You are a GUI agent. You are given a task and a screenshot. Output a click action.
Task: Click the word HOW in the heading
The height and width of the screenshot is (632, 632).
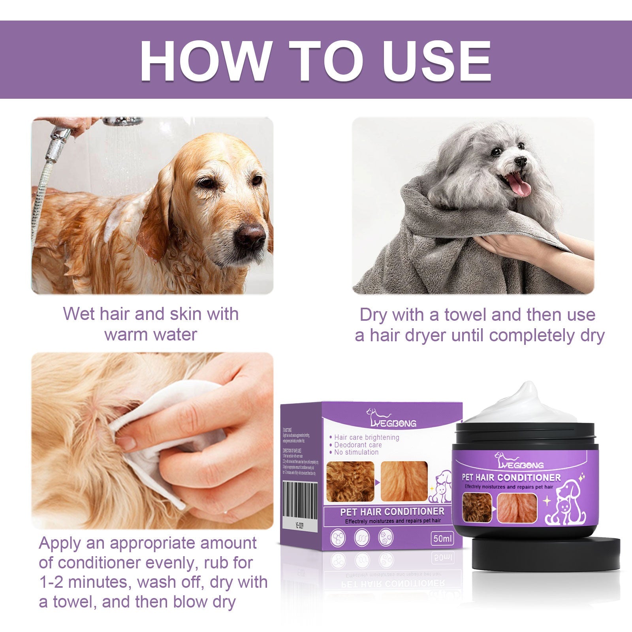pyautogui.click(x=205, y=61)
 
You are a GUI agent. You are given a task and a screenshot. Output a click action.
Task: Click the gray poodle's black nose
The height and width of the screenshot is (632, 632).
pyautogui.click(x=520, y=161)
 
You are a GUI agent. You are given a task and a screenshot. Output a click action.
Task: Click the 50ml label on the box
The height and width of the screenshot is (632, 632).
pyautogui.click(x=442, y=538)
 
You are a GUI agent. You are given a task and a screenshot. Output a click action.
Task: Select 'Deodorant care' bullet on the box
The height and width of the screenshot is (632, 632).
pyautogui.click(x=358, y=445)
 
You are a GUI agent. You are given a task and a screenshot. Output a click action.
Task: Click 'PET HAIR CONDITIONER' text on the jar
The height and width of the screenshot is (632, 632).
pyautogui.click(x=511, y=478)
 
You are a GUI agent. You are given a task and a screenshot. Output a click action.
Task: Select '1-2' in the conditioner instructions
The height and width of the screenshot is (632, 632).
pyautogui.click(x=54, y=582)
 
